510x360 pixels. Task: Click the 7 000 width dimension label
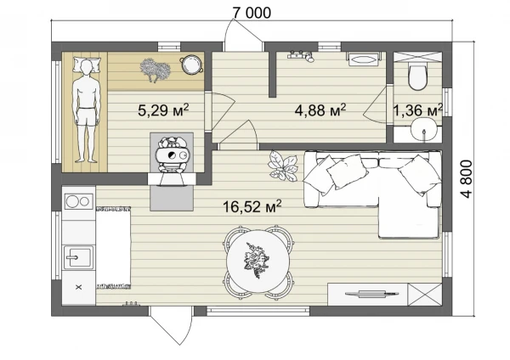tap(252, 13)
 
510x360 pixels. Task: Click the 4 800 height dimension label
tap(466, 179)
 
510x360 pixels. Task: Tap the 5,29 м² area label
tap(163, 110)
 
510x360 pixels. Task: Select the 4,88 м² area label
tap(320, 110)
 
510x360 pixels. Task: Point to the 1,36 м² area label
tap(418, 110)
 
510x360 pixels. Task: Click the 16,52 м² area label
tap(252, 206)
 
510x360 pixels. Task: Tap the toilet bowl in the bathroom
tap(417, 77)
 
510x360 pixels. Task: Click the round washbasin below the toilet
tap(423, 130)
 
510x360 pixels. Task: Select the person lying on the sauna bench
tap(86, 111)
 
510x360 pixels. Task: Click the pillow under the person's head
tap(86, 65)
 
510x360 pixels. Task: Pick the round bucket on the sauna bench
tap(191, 65)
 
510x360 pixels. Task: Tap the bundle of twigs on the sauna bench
tap(156, 70)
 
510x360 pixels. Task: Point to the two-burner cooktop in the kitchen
tap(79, 201)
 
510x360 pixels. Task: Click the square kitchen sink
tap(78, 257)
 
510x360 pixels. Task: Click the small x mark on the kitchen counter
tap(78, 287)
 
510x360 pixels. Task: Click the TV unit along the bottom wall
tap(367, 295)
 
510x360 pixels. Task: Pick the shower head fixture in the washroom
tap(301, 56)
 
